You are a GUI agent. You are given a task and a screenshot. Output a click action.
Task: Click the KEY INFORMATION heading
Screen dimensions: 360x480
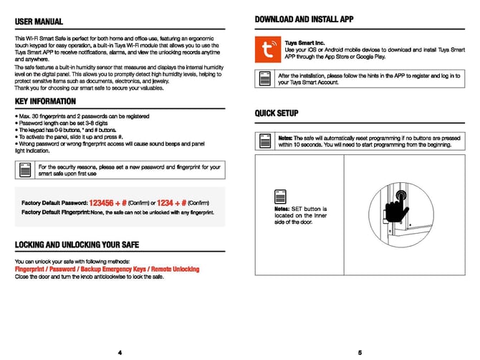(45, 102)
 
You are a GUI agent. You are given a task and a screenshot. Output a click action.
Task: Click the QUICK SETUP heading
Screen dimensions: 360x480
(277, 113)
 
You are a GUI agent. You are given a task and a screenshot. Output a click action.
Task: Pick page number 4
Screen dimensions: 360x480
(120, 352)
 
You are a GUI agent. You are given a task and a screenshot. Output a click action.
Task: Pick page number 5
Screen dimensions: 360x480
(360, 352)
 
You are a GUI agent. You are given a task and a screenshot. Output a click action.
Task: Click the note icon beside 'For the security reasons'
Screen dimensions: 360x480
(26, 171)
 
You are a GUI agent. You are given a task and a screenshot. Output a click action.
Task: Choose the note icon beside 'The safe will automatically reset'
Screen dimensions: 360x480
(266, 141)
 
